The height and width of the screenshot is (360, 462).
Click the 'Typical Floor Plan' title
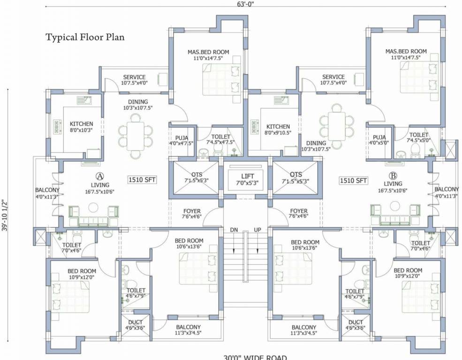85,37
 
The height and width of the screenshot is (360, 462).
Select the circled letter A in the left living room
99,176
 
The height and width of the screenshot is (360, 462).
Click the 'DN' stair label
234,230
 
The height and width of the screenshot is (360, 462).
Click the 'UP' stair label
257,230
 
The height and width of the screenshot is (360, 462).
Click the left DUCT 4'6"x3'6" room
135,325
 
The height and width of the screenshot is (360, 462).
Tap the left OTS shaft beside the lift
194,178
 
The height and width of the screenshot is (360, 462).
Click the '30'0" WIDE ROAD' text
255,358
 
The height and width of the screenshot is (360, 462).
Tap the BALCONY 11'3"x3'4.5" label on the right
303,330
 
